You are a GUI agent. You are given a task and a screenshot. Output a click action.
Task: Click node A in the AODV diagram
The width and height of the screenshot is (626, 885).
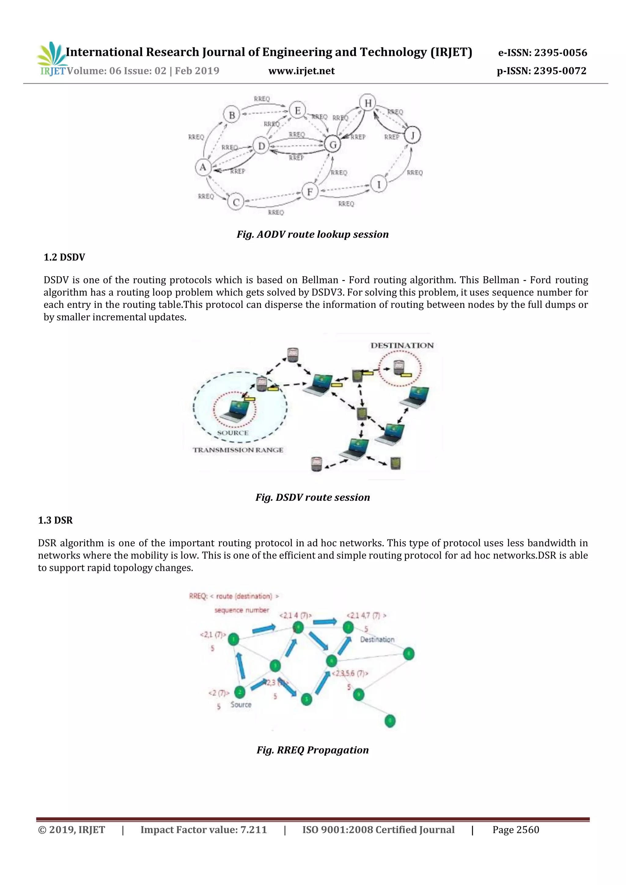pos(203,167)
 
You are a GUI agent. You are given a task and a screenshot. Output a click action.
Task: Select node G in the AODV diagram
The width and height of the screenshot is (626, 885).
pos(333,144)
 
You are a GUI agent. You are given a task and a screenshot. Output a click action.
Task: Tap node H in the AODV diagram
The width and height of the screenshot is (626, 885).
pos(368,103)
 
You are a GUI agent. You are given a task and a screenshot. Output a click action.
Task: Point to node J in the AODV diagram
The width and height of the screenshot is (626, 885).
pos(412,135)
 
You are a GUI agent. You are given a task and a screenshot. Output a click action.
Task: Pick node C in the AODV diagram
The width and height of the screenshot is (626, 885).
pos(236,202)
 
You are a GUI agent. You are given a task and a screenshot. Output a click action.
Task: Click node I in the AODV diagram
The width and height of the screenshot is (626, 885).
pos(379,185)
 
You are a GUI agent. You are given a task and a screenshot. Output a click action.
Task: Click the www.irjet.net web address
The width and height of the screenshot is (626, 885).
pos(301,71)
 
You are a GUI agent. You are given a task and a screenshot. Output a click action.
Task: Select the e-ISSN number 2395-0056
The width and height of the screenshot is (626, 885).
pos(542,53)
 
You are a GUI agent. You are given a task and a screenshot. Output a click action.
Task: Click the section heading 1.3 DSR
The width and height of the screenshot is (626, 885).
pos(55,520)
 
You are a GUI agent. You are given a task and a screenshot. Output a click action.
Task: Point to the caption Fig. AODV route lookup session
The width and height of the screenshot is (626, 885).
pos(312,234)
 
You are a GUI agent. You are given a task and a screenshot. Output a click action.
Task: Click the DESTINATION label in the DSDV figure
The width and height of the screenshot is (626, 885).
pos(402,346)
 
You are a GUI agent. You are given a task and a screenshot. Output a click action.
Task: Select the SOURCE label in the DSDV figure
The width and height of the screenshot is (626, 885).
pos(233,433)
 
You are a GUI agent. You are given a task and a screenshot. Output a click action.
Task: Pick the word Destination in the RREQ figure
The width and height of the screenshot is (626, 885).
pos(377,639)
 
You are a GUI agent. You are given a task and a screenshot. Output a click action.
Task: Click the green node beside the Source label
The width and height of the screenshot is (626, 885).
pos(240,692)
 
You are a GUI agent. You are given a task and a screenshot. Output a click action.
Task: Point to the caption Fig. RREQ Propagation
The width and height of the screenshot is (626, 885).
pos(312,750)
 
